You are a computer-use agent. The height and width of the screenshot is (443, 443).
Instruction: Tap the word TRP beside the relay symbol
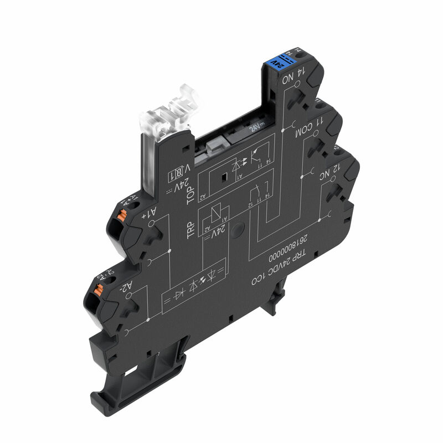tap(190, 230)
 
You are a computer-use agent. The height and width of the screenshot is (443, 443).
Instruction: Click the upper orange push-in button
tap(119, 217)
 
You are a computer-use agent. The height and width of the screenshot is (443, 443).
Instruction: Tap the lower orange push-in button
tap(99, 290)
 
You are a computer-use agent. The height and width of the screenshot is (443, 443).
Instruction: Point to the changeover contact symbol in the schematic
tap(258, 194)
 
